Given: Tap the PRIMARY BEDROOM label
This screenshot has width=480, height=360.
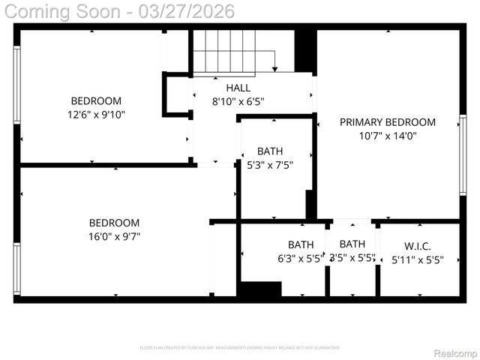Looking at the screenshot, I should coord(388,122).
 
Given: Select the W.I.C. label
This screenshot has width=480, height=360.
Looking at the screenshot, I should coord(418,246).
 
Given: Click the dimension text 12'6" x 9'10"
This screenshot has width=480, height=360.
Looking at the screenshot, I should coord(97,115).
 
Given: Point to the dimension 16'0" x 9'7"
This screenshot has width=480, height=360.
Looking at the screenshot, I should coord(115,236).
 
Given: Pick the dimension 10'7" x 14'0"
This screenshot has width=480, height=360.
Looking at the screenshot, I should coord(388,136).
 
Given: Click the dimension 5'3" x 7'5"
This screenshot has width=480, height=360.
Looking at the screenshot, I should coord(270,164).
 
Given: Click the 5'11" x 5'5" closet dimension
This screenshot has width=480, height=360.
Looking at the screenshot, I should coord(418,260).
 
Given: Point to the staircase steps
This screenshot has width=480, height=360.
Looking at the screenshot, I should coord(225,50).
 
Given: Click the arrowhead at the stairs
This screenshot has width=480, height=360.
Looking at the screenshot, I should coord(275,68).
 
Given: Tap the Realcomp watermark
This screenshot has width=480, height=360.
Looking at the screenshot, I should coord(455,353).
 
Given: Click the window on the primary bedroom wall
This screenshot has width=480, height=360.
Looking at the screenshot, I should coord(463,155).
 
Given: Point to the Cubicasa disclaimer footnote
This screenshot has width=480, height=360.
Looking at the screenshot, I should coord(240,348).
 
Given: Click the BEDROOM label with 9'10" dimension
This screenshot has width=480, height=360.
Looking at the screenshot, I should coord(96,101).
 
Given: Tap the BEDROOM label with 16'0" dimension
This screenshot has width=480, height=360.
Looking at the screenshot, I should coord(115,223).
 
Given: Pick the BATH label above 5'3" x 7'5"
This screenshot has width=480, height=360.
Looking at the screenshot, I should coord(270,151).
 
